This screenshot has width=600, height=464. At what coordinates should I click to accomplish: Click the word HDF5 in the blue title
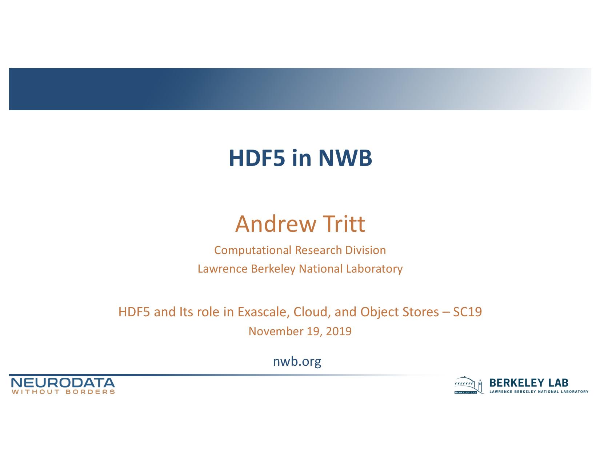point(257,158)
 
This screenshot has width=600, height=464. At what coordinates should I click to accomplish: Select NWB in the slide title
point(345,158)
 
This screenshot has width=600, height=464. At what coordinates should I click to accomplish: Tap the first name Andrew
point(276,224)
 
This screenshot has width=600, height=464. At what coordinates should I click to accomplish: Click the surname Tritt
point(344,224)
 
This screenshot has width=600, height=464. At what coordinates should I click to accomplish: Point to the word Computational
point(253,250)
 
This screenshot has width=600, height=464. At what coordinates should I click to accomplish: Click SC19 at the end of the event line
point(468,312)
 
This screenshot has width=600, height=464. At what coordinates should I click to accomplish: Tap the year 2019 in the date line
point(339,331)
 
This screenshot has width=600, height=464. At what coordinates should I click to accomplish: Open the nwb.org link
point(297,361)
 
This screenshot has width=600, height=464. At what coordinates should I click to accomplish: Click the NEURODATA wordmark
point(63,383)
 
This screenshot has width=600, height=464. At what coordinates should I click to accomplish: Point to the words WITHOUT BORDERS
point(63,392)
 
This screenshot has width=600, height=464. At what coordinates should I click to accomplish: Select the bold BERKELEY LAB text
point(529,383)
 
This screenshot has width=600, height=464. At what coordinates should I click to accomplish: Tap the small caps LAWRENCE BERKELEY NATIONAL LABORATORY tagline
point(539,392)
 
